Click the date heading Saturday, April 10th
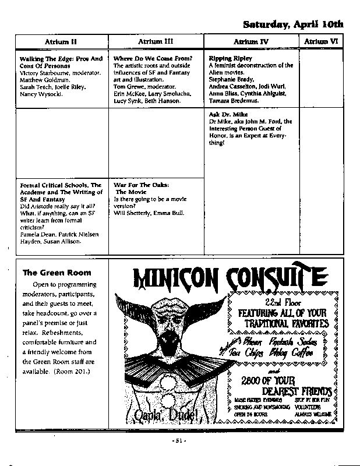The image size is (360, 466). point(293,24)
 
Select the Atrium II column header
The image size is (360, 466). point(61,41)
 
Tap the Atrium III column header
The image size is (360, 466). point(156,41)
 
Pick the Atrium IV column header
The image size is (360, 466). point(251,42)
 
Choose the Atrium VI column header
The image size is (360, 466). point(321,41)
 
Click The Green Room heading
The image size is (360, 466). point(57,272)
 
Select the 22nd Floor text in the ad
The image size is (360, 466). point(283,303)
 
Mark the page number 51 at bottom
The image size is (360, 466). point(180,441)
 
